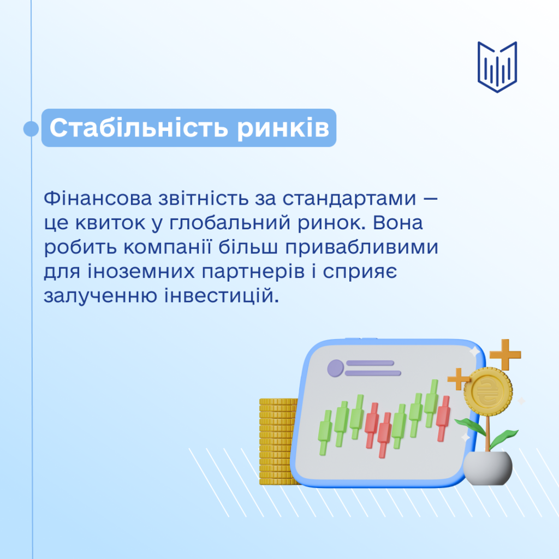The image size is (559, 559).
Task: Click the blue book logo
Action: click(497, 67)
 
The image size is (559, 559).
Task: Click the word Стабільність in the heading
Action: click(139, 127)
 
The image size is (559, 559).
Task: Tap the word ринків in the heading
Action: click(283, 128)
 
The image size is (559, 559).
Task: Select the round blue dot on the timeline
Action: click(31, 128)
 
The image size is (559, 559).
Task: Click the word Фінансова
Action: click(98, 198)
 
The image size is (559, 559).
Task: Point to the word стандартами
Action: click(349, 199)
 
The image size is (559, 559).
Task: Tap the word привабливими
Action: click(361, 247)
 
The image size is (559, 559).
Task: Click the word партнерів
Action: click(253, 272)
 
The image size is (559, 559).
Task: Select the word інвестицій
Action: click(222, 296)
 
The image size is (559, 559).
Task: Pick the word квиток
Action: click(110, 223)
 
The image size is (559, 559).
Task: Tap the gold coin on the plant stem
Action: click(488, 391)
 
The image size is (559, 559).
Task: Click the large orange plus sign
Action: click(505, 355)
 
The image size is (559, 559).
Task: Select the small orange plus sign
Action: click(458, 379)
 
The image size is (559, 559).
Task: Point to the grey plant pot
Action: click(487, 468)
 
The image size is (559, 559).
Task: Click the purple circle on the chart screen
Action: click(336, 368)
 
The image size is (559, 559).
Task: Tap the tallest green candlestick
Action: click(431, 403)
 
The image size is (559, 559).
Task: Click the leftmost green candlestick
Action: click(325, 432)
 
